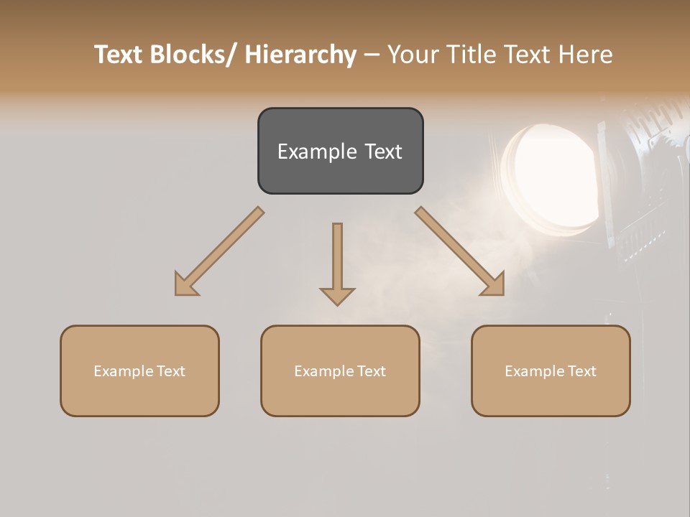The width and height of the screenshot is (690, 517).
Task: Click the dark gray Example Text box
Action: [x=340, y=151]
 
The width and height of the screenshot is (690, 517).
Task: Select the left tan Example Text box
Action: [x=139, y=371]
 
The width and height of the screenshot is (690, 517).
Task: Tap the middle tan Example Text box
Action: [x=340, y=371]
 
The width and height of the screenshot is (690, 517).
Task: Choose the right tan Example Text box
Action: [x=551, y=371]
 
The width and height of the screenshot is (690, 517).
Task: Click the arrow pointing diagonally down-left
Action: [x=219, y=251]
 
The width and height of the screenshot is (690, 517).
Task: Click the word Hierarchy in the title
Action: [x=300, y=55]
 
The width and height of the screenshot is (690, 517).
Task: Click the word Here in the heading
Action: [x=585, y=55]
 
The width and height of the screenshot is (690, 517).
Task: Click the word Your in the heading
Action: [x=411, y=55]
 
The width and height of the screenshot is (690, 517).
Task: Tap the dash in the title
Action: [x=372, y=55]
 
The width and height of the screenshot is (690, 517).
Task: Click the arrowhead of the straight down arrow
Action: [x=337, y=295]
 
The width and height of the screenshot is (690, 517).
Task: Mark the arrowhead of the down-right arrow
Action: [x=494, y=286]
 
